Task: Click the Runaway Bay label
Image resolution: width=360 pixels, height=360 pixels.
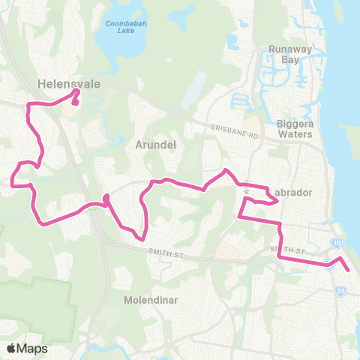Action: click(x=284, y=55)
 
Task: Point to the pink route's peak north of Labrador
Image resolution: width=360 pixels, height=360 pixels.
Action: click(x=224, y=171)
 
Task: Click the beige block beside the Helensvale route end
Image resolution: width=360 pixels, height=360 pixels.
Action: click(x=71, y=111)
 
